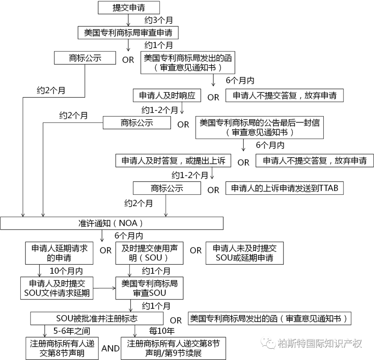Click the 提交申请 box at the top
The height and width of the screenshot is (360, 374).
point(129,8)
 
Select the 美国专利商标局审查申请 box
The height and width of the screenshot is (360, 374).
point(128,33)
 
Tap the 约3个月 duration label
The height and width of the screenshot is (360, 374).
point(159,20)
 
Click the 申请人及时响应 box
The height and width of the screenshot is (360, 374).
point(167,96)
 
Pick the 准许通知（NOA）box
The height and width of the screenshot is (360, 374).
point(112,223)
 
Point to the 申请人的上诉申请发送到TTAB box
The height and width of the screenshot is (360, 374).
point(285,188)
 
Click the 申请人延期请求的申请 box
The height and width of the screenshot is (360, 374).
point(59,253)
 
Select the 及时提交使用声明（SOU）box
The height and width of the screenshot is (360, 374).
point(149,253)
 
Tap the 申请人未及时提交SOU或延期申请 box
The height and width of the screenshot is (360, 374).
point(244,253)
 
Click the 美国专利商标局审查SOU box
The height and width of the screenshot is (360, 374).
point(149,288)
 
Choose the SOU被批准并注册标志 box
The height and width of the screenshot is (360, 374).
point(97,318)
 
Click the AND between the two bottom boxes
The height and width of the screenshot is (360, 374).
point(110,349)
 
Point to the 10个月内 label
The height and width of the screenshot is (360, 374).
point(66,271)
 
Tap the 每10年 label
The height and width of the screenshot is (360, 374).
point(162,331)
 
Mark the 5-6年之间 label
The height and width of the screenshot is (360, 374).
point(72,331)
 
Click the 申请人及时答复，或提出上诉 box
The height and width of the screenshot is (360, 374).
point(173,160)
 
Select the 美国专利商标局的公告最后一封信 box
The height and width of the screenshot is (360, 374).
point(259,128)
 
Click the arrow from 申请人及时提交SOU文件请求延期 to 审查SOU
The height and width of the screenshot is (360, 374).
point(104,288)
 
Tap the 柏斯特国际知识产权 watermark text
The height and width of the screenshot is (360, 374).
point(320,343)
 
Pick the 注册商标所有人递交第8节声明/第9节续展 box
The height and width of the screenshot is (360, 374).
point(173,348)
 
